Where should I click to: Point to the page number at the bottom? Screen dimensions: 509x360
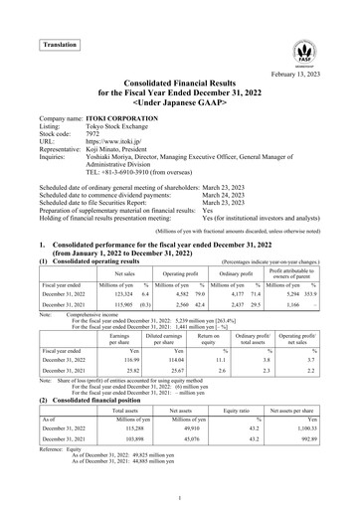pyautogui.click(x=180, y=495)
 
